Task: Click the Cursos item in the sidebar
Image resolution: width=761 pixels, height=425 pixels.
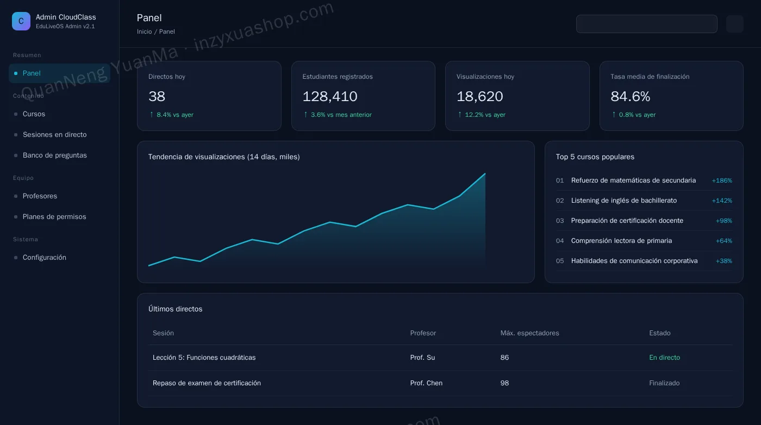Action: pyautogui.click(x=34, y=114)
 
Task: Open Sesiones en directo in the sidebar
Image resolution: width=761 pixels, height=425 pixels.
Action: pyautogui.click(x=55, y=135)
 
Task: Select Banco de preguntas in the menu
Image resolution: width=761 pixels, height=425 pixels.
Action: pyautogui.click(x=55, y=155)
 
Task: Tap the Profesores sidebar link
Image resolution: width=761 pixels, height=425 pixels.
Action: pyautogui.click(x=40, y=196)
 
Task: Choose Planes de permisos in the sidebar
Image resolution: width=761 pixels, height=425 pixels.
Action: pyautogui.click(x=54, y=217)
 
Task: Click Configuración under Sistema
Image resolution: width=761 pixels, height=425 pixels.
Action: pyautogui.click(x=45, y=258)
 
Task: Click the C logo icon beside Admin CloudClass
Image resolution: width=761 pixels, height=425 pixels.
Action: pyautogui.click(x=21, y=21)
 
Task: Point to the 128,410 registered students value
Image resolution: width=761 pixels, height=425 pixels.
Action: pyautogui.click(x=330, y=97)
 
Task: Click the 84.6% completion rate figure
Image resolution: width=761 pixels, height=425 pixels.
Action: pyautogui.click(x=630, y=97)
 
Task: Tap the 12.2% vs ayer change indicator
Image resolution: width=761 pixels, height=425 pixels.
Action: pyautogui.click(x=482, y=115)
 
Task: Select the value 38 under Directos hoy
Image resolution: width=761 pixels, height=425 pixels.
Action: pyautogui.click(x=157, y=97)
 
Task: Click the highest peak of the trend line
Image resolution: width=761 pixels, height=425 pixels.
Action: pyautogui.click(x=485, y=173)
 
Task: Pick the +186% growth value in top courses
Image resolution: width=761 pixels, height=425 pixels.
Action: pyautogui.click(x=722, y=180)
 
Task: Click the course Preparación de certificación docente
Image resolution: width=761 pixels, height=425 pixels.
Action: pyautogui.click(x=627, y=221)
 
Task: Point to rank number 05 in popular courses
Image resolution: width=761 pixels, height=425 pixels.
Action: pyautogui.click(x=560, y=261)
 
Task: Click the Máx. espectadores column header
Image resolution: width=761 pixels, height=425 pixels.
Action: pyautogui.click(x=529, y=333)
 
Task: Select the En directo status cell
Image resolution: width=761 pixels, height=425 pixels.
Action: pyautogui.click(x=664, y=358)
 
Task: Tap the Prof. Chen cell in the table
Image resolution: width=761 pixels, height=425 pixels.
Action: pyautogui.click(x=426, y=383)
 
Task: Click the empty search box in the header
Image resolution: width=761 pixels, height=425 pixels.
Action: pyautogui.click(x=647, y=24)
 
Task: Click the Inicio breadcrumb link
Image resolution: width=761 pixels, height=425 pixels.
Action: pyautogui.click(x=145, y=32)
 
